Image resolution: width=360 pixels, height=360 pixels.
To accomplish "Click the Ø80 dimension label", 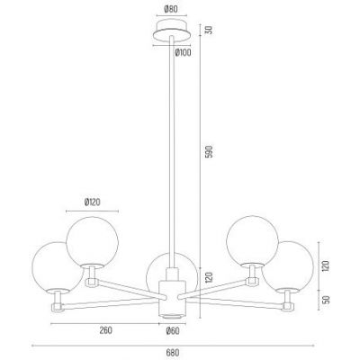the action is point(171,9).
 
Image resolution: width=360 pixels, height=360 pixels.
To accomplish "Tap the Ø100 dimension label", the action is point(183,53).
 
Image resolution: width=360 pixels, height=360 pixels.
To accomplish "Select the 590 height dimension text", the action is point(210,152).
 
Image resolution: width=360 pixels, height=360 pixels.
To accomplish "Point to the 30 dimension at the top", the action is point(210,30).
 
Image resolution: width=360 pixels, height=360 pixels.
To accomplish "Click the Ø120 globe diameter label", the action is point(92,202).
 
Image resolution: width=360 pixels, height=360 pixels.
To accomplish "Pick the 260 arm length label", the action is point(105,330).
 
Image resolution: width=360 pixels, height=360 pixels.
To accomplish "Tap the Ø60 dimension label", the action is point(173,331).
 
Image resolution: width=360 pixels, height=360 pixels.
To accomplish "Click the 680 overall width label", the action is point(173,353).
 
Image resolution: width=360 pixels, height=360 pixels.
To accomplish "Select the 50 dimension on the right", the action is point(327,300).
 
